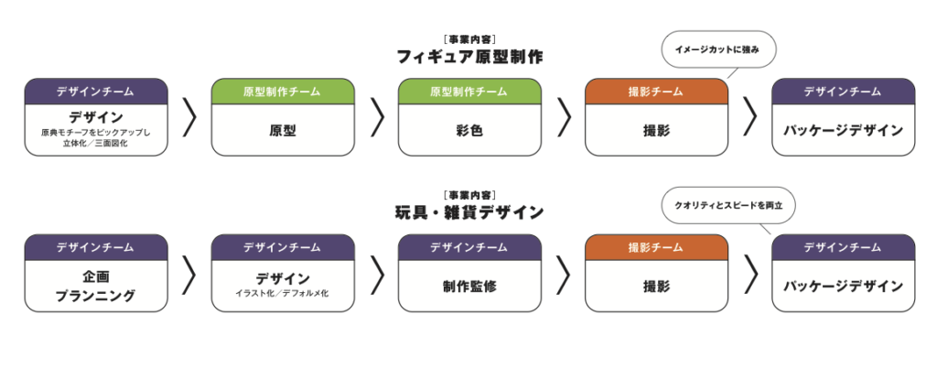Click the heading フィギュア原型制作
[x=469, y=58]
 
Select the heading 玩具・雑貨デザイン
[x=469, y=212]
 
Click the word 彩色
[x=469, y=131]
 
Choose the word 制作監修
[x=469, y=287]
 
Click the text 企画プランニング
[x=95, y=287]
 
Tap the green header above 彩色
[x=469, y=92]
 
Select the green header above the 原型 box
[x=283, y=92]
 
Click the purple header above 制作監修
[x=469, y=247]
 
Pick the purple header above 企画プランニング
[x=95, y=247]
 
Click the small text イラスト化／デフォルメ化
[x=283, y=294]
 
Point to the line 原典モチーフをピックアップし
[x=95, y=132]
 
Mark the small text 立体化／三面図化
[x=95, y=144]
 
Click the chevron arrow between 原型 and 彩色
[x=377, y=117]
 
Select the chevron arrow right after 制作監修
[x=564, y=274]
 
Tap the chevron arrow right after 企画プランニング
[x=189, y=274]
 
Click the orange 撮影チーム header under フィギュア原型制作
[x=656, y=92]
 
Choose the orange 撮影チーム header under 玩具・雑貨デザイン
[x=656, y=247]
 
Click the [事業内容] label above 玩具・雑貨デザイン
[x=469, y=196]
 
